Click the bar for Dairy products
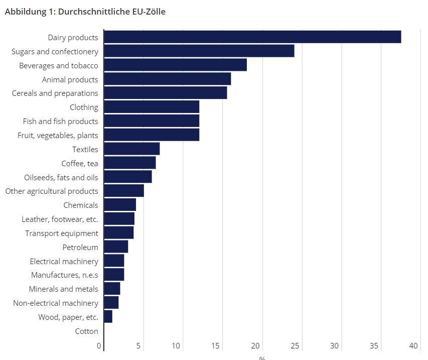[252, 37]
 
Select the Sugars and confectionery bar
[199, 51]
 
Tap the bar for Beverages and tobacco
[175, 65]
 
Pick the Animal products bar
[167, 79]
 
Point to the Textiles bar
[131, 149]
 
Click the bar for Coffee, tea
[129, 163]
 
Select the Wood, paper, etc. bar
[108, 317]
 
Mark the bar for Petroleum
[116, 247]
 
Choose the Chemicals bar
[120, 205]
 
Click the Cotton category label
[86, 331]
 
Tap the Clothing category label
[84, 107]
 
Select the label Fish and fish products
[60, 121]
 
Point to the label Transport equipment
[62, 233]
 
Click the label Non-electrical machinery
[55, 303]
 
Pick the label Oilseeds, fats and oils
[61, 177]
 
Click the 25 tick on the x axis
[295, 345]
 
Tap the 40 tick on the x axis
[413, 345]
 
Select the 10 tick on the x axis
[176, 345]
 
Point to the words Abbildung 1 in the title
[28, 12]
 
